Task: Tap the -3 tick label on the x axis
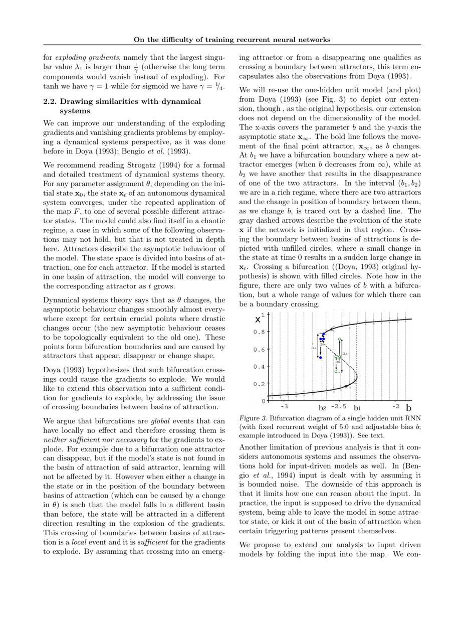coord(284,407)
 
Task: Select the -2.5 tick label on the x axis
coord(339,407)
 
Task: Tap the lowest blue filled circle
coord(321,358)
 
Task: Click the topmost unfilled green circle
coord(340,340)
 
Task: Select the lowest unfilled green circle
coord(336,372)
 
